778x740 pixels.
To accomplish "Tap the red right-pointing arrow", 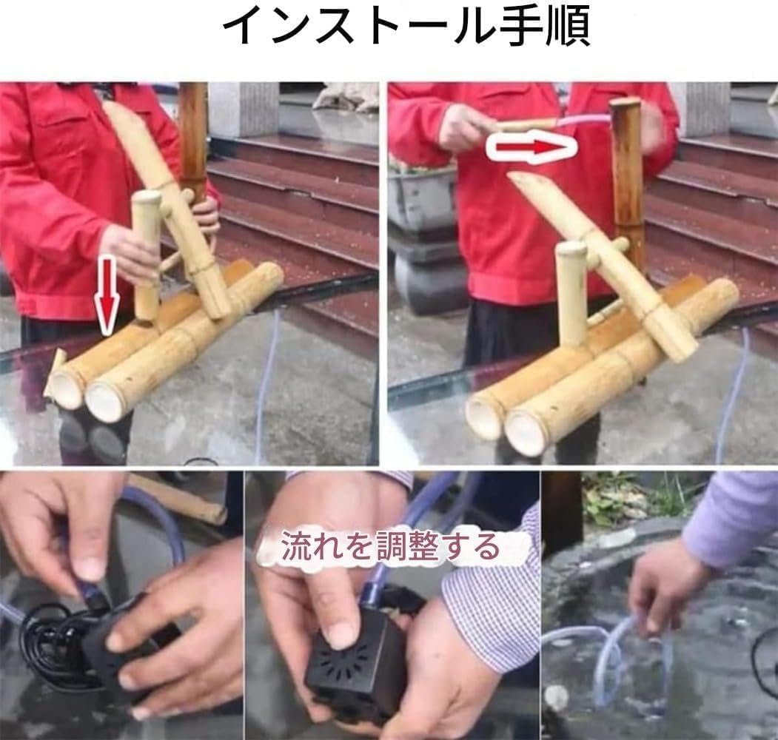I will click(531, 147).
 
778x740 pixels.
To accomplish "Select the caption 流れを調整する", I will click(390, 548).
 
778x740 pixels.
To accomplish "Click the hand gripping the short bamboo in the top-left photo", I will click(130, 252).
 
